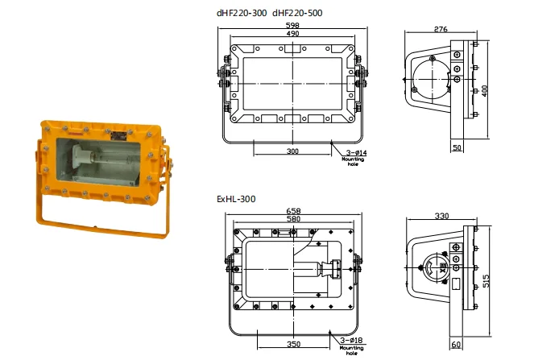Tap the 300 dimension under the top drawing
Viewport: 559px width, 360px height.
(292, 151)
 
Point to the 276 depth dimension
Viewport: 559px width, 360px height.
(440, 30)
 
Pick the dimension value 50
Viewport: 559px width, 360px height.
(457, 149)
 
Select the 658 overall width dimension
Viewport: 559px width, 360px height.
(292, 213)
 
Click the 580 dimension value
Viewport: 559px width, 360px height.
(292, 220)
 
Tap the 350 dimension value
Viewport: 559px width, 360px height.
(293, 344)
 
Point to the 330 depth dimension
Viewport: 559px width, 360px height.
(441, 216)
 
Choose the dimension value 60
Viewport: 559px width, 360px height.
(457, 345)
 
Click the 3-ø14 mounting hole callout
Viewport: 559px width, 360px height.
(355, 152)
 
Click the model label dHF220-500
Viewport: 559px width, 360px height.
(300, 14)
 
